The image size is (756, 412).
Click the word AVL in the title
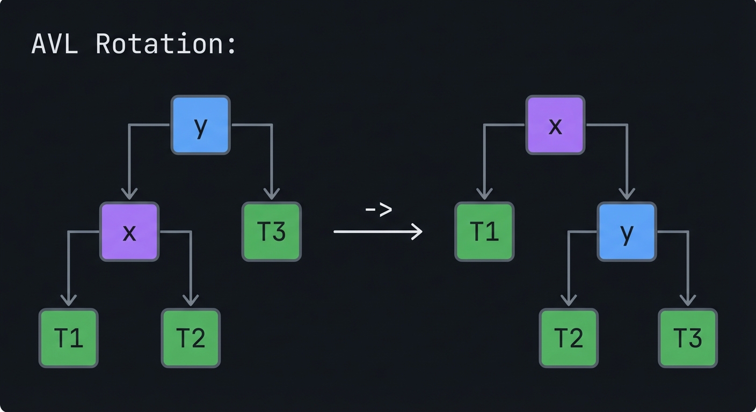pos(54,44)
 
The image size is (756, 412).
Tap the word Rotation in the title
pos(165,44)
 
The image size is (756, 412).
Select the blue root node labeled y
pos(200,125)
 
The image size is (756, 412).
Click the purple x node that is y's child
pos(129,232)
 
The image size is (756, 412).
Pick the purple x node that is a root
pos(555,125)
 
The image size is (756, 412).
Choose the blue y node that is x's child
pos(627,232)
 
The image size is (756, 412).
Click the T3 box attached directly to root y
pos(271,232)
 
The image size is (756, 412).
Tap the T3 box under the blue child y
pos(688,338)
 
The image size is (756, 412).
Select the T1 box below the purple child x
pos(69,338)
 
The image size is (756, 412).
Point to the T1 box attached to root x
pos(484,232)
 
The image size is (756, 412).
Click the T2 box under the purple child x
pos(191,338)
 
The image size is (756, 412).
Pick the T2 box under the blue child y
pos(569,338)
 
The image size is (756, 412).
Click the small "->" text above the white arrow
pos(379,210)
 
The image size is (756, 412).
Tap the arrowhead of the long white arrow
pos(417,232)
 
